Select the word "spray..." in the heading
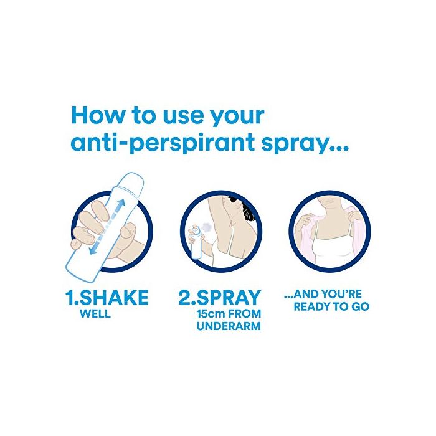tap(305, 143)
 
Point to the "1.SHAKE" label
tap(107, 298)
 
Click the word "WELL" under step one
tap(95, 314)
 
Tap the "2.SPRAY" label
tap(220, 298)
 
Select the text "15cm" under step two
tap(211, 314)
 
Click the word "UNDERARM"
tap(229, 326)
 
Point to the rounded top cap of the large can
tap(133, 181)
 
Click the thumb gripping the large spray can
tap(128, 230)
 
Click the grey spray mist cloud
tap(207, 227)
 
